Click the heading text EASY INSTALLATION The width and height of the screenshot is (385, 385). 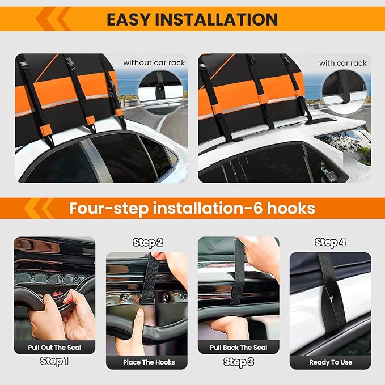[192, 19]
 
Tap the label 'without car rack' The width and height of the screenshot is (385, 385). [154, 63]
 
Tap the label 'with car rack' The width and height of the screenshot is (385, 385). [342, 63]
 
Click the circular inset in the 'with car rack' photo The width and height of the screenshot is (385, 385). [344, 91]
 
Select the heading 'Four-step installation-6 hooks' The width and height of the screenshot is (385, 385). [192, 208]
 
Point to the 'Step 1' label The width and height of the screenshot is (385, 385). [54, 361]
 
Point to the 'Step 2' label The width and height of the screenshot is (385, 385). [148, 243]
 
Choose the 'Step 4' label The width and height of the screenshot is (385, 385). [330, 243]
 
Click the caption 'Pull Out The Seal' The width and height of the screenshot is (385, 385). [54, 347]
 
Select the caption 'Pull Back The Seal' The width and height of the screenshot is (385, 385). [238, 347]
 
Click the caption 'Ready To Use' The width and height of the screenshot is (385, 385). [330, 362]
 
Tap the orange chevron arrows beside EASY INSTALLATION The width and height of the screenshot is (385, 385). [53, 19]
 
